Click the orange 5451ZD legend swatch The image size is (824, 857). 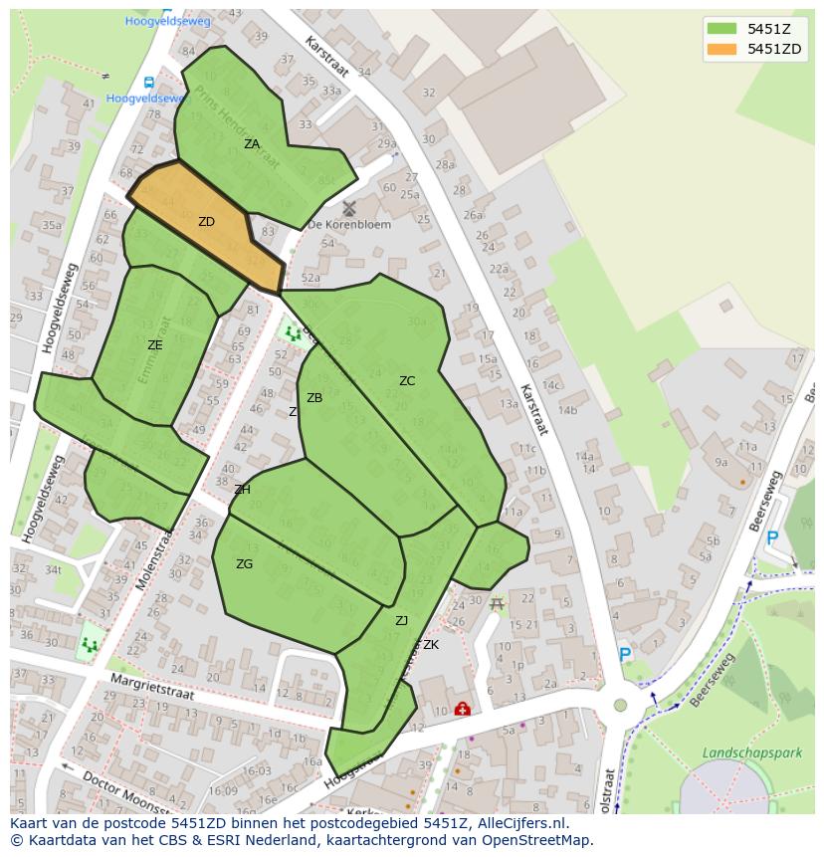pos(722,49)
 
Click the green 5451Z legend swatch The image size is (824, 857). pos(722,28)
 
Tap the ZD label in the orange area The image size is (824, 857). pos(206,222)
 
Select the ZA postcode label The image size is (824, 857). pos(252,144)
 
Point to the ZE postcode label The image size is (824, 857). pos(154,345)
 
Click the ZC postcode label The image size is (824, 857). pos(407,381)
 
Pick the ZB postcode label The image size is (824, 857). pos(314,398)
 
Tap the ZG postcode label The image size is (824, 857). pos(244,564)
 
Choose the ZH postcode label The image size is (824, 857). pos(242,490)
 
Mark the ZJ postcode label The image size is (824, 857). pos(401,621)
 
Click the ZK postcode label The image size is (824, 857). pos(430,645)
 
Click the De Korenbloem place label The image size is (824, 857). pos(349,225)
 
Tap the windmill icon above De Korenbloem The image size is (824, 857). pos(348,208)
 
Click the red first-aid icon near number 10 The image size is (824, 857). pos(462,709)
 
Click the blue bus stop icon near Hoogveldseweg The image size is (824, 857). pos(148,83)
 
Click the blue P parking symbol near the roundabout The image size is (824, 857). pos(625,655)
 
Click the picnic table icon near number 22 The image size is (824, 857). pos(497,603)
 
